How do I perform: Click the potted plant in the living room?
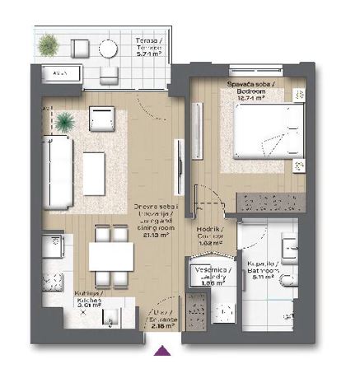tap(65, 122)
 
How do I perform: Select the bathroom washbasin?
tap(292, 246)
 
